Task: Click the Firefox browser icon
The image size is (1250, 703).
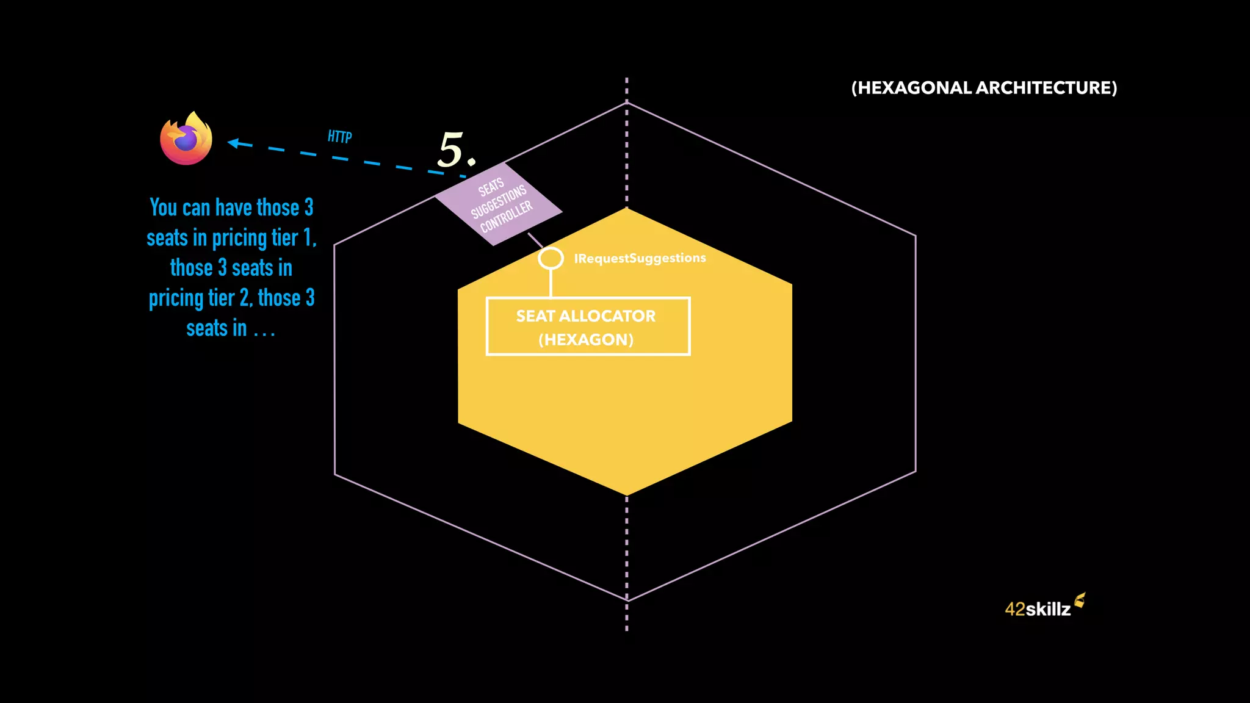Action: click(x=186, y=139)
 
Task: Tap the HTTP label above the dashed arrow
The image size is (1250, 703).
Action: click(x=339, y=136)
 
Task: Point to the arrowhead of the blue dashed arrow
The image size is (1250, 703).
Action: click(x=234, y=143)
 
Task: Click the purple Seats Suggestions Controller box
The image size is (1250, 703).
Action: click(x=498, y=204)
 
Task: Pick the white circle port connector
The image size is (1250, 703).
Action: click(x=551, y=258)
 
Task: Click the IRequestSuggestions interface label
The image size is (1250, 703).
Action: click(x=640, y=258)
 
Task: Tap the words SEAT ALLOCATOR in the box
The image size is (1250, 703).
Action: click(x=585, y=316)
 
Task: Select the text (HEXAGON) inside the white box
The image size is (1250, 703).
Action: click(x=586, y=340)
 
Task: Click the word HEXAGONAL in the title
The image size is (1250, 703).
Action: click(x=911, y=88)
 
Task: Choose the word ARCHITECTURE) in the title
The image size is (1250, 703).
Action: click(x=1047, y=88)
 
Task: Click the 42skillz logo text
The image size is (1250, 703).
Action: click(x=1037, y=609)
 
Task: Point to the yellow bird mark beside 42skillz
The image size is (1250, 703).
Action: click(x=1080, y=600)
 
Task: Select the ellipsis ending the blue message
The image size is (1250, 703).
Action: click(x=264, y=330)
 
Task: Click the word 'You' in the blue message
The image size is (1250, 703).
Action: click(x=164, y=207)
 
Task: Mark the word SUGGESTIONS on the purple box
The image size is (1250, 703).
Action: click(x=499, y=202)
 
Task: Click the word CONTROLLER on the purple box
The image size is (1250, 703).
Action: click(x=507, y=217)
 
